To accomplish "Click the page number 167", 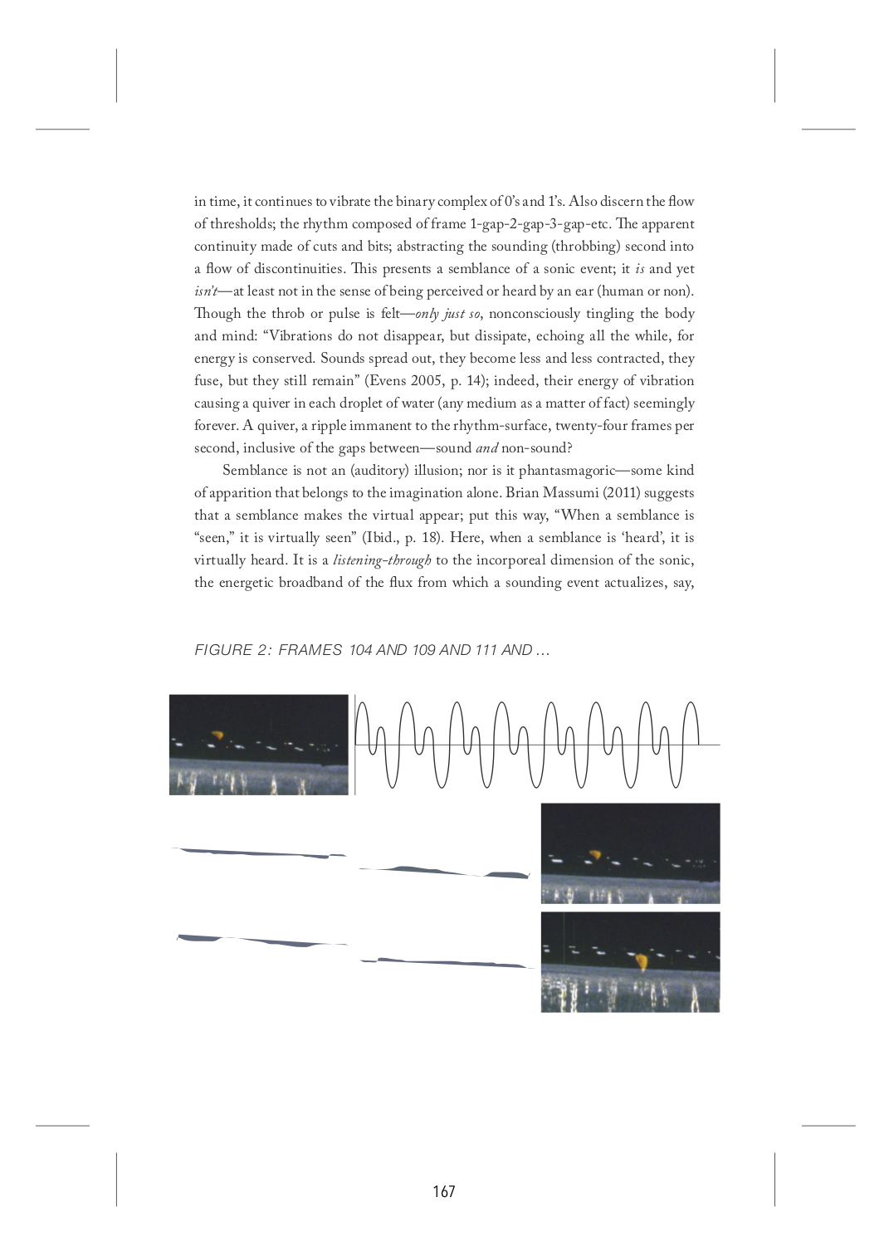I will (444, 1192).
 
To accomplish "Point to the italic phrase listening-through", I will (382, 560).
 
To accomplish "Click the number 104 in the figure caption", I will (360, 650).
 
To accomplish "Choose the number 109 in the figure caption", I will (423, 650).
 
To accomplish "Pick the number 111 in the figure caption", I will (486, 650).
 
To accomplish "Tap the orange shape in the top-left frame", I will (217, 735).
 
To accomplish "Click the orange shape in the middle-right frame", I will (594, 853).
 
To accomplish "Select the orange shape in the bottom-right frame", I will (642, 961).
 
